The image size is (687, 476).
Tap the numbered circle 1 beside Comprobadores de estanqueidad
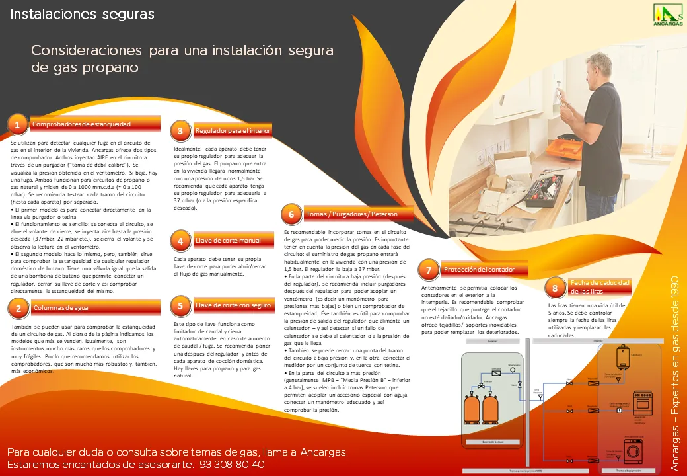pos(17,124)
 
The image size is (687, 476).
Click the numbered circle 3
pos(180,130)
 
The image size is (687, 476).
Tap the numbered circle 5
pos(180,305)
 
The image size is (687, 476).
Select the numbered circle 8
pos(555,288)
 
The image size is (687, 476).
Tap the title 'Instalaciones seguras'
pos(82,14)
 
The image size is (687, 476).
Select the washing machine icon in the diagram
pos(632,452)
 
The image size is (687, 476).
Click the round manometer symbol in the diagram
pos(513,370)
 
